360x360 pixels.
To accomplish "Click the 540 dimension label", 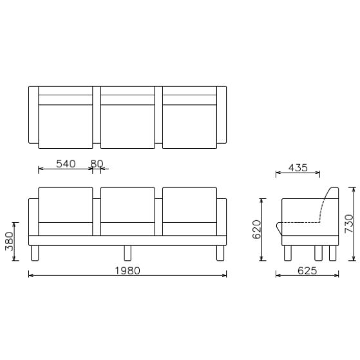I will point(66,164).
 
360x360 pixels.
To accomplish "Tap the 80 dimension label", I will point(97,164).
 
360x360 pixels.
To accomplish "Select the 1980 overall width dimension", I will point(126,270).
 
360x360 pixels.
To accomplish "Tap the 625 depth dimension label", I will point(307,270).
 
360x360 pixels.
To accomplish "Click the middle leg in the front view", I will point(128,253).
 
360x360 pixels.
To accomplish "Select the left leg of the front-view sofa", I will point(35,253).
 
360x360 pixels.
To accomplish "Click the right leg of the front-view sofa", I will point(220,253).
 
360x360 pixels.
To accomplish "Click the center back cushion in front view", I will point(128,204).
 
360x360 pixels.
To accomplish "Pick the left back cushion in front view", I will point(66,204).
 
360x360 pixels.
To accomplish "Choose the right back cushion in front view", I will point(189,204).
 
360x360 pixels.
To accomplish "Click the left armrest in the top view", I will point(33,115).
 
